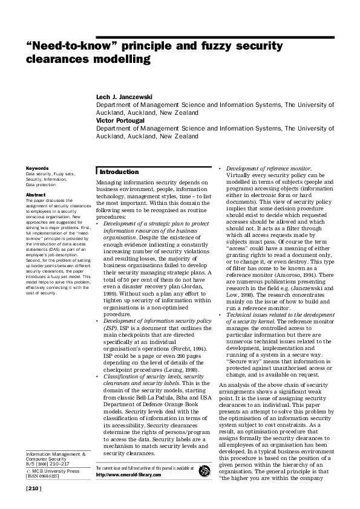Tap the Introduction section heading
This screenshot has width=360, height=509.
pyautogui.click(x=119, y=172)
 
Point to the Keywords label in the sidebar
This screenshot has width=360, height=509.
pyautogui.click(x=37, y=167)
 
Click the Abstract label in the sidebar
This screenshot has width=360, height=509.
pyautogui.click(x=36, y=195)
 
